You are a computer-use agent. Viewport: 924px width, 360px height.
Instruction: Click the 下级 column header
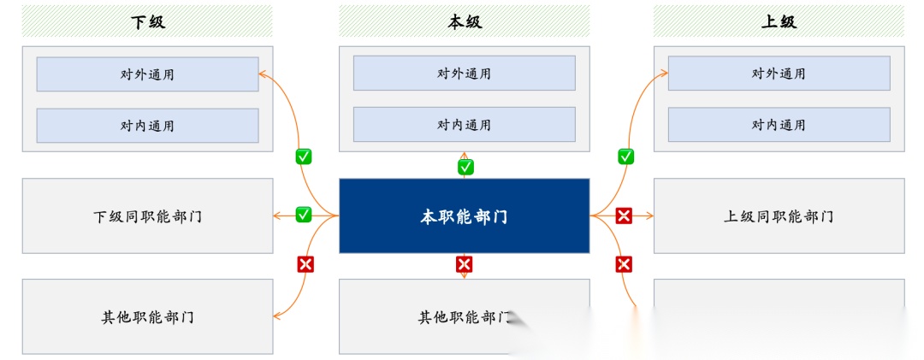coord(147,21)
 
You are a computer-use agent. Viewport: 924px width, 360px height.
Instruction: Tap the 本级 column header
coord(465,21)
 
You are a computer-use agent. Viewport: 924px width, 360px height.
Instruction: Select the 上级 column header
coord(779,21)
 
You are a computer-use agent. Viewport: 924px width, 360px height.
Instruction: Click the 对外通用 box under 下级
coord(147,74)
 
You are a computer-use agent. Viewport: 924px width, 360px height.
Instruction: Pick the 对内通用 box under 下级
coord(147,126)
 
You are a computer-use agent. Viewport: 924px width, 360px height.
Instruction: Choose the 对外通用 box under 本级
coord(465,74)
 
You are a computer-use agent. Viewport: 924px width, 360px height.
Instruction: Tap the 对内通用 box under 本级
coord(465,125)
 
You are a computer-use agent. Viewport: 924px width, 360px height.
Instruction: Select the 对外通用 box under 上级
coord(779,74)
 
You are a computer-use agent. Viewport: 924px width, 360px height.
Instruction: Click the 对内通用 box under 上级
coord(779,125)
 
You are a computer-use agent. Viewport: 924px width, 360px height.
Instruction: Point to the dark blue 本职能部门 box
coord(465,216)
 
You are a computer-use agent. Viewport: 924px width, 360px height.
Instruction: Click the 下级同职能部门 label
coord(147,216)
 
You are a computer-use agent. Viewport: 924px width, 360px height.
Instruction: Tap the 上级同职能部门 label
coord(779,216)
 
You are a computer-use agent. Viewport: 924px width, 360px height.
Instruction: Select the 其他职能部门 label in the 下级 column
coord(147,317)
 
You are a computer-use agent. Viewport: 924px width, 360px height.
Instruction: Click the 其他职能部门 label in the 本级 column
coord(465,317)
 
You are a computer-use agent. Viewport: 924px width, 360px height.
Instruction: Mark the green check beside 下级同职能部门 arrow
coord(304,215)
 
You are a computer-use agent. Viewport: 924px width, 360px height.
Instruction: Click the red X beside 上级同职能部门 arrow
coord(625,215)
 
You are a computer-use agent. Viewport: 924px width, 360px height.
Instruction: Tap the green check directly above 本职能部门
coord(465,167)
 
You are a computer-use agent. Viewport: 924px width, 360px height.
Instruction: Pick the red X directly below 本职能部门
coord(465,264)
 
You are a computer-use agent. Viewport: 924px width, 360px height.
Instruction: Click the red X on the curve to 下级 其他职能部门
coord(304,264)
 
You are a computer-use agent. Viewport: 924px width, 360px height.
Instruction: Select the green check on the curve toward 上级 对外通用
coord(625,156)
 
